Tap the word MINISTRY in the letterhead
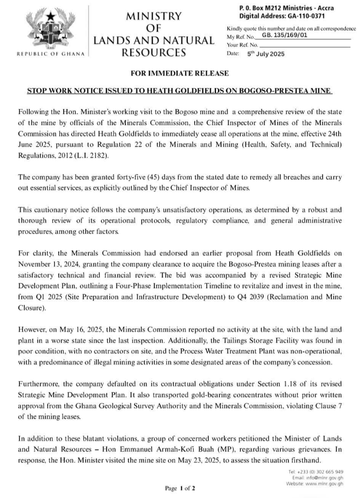pyautogui.click(x=153, y=16)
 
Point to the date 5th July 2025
pyautogui.click(x=266, y=53)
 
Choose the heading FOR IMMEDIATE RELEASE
pyautogui.click(x=180, y=73)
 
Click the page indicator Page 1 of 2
pyautogui.click(x=180, y=487)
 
